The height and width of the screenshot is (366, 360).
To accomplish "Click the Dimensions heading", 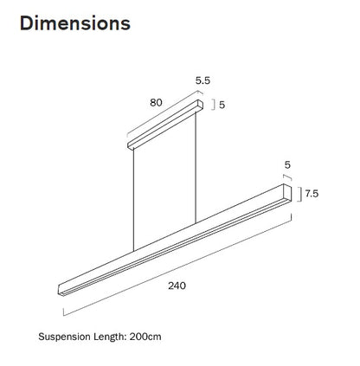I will [75, 23].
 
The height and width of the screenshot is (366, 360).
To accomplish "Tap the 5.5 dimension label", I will [203, 80].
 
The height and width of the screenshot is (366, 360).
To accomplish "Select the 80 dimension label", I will [157, 102].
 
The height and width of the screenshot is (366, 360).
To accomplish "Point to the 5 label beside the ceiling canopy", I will [222, 106].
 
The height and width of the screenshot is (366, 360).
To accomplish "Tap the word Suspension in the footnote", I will [67, 335].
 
